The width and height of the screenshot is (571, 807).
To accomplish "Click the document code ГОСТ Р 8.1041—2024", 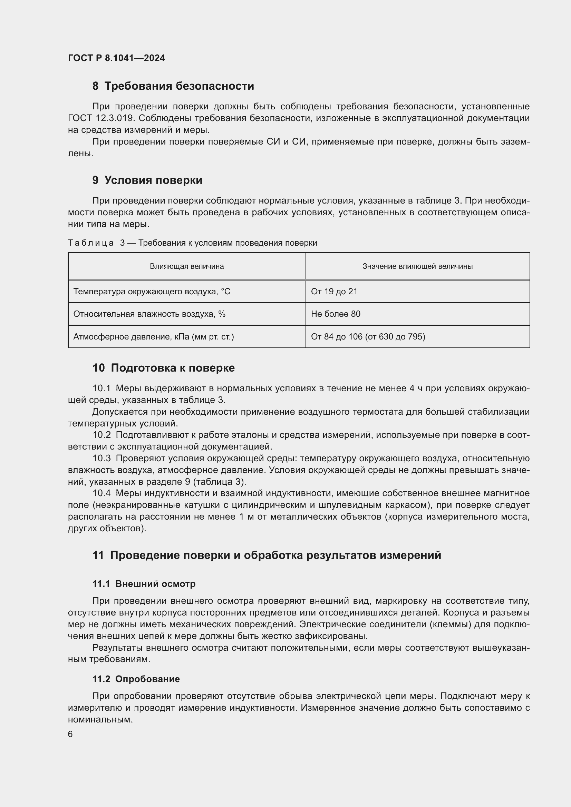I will click(x=116, y=58).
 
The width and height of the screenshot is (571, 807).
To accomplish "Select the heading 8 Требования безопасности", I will click(x=173, y=86).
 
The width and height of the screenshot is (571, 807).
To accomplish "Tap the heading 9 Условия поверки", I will click(x=147, y=180).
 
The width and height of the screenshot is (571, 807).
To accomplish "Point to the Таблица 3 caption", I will click(x=192, y=243).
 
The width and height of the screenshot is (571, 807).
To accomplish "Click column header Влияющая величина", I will click(x=187, y=266).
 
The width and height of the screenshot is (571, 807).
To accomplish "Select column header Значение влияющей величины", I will click(x=417, y=266).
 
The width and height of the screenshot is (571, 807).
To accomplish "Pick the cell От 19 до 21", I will click(x=334, y=292).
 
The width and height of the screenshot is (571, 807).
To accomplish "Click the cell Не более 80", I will click(x=336, y=314).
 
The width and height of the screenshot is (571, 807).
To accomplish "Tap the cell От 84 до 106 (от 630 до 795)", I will click(x=368, y=337).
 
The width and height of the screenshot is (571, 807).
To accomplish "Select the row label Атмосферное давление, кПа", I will click(x=153, y=337).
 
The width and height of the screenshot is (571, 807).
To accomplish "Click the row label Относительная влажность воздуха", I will click(x=149, y=314).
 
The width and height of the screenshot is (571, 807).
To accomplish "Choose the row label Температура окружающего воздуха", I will click(x=152, y=292).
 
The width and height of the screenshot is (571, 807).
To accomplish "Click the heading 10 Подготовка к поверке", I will click(x=164, y=368).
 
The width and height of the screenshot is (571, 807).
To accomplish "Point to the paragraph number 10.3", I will click(x=101, y=458).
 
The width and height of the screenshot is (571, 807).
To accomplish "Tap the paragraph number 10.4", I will click(x=101, y=493).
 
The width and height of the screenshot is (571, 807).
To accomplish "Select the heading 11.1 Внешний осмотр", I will click(x=144, y=584).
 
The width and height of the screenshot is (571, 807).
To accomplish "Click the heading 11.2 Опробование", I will click(x=136, y=679).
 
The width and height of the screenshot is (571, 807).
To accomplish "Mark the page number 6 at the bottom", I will click(x=70, y=734).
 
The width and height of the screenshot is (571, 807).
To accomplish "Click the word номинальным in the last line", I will click(x=100, y=719).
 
